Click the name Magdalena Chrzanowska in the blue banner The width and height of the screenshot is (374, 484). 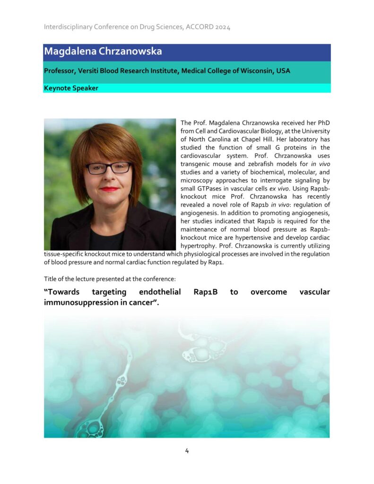pyautogui.click(x=103, y=52)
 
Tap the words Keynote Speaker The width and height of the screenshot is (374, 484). pyautogui.click(x=71, y=88)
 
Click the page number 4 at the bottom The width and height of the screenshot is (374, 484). pyautogui.click(x=187, y=450)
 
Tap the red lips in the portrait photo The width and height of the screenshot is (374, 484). pyautogui.click(x=109, y=189)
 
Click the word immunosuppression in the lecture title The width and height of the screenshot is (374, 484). pyautogui.click(x=81, y=302)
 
